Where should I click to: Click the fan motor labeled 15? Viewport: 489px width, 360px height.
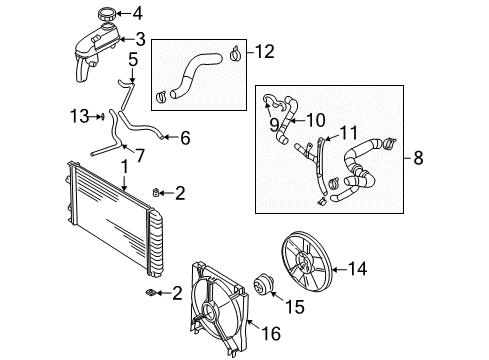(x=266, y=286)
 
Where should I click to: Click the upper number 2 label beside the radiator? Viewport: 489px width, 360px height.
(x=179, y=192)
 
